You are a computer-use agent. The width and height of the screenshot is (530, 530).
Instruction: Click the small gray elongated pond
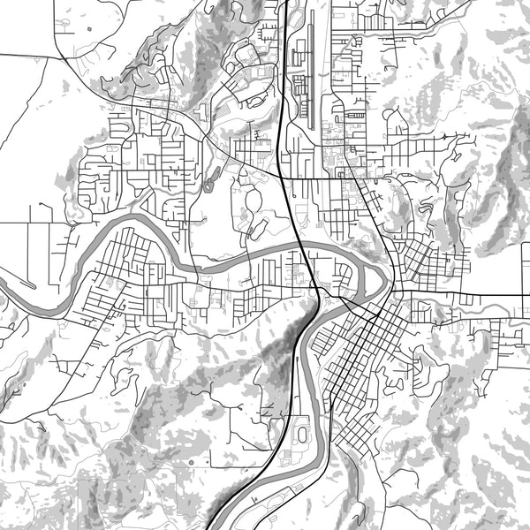coord(208,185)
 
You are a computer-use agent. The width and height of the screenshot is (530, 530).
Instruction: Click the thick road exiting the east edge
coord(517,295)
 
